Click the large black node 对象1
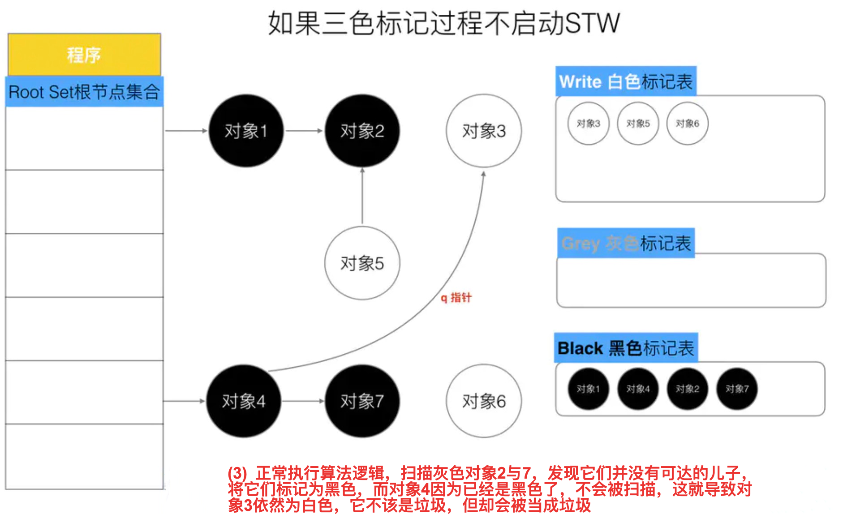pos(246,131)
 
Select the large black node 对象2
pos(362,131)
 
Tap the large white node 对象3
pos(484,131)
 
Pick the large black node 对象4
pos(244,401)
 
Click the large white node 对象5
pos(362,263)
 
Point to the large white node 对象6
pos(484,401)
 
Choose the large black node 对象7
pos(362,401)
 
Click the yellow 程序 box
pos(84,55)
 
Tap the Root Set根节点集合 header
pos(84,92)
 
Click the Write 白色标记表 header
pos(626,81)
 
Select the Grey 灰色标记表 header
pos(626,243)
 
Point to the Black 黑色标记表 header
pos(626,348)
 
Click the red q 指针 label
pos(456,298)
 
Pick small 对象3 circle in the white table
pos(588,124)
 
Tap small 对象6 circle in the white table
pos(687,124)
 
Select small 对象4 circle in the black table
pos(638,389)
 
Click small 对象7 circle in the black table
pos(737,389)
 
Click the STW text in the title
pos(592,23)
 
